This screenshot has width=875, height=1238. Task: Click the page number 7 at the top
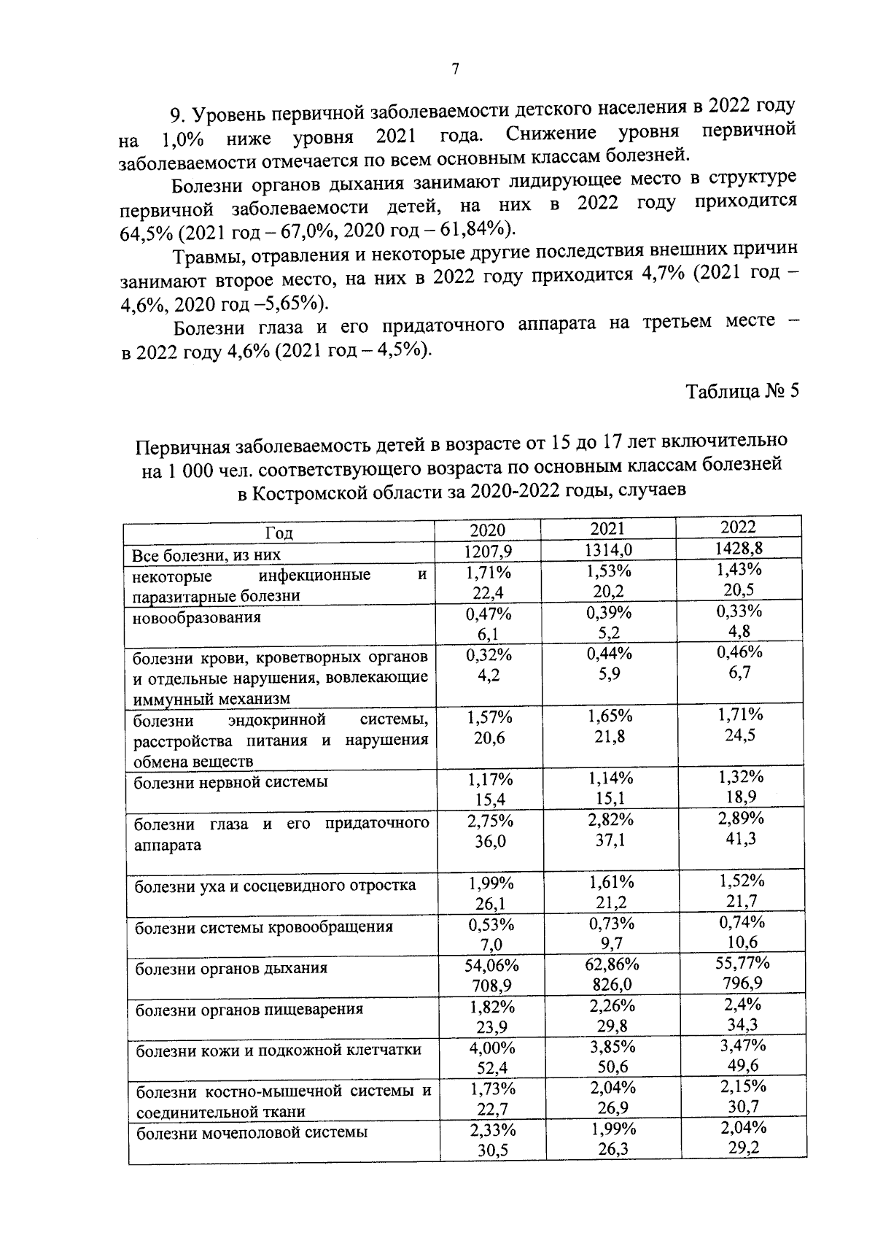(x=455, y=69)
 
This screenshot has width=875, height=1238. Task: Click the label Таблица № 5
(x=742, y=391)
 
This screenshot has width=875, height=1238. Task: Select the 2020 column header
(x=487, y=530)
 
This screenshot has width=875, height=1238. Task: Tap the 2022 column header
(x=738, y=527)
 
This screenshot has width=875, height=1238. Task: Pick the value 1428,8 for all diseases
(x=738, y=547)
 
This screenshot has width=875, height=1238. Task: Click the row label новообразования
(x=197, y=617)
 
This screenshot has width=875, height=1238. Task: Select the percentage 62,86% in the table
(x=612, y=964)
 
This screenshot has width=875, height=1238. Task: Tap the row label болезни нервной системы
(x=230, y=782)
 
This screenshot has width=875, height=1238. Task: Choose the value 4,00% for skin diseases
(x=491, y=1048)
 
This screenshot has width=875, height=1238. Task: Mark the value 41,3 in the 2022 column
(x=740, y=839)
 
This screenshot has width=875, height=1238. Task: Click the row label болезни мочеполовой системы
(x=252, y=1132)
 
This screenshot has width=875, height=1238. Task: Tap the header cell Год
(x=279, y=533)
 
